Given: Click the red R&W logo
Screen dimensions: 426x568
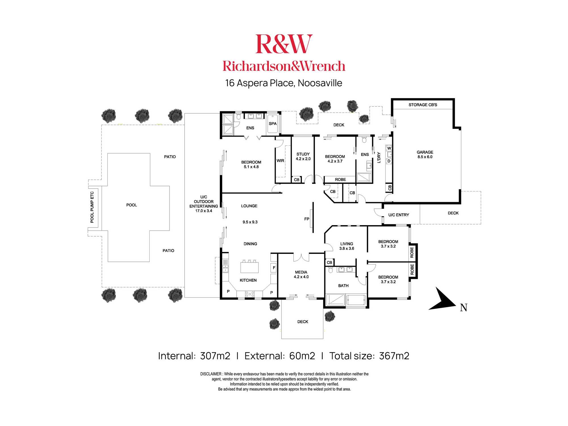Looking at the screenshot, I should pyautogui.click(x=284, y=44).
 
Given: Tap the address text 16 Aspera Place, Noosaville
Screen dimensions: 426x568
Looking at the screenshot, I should pyautogui.click(x=283, y=83).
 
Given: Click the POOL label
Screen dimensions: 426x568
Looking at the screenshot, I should pyautogui.click(x=131, y=205).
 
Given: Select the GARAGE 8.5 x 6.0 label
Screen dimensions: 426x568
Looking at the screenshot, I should pyautogui.click(x=425, y=154).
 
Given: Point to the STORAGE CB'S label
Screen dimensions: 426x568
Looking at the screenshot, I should pyautogui.click(x=423, y=105).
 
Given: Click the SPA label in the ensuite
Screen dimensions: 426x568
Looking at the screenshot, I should pyautogui.click(x=272, y=124).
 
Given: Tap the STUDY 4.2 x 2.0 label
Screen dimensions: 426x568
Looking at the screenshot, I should pyautogui.click(x=303, y=156).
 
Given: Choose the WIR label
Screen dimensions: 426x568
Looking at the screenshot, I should pyautogui.click(x=280, y=161).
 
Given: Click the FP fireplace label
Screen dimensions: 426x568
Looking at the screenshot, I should pyautogui.click(x=306, y=219).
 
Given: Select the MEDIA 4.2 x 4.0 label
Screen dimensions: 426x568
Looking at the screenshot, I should pyautogui.click(x=301, y=274).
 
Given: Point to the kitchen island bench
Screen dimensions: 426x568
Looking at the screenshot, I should pyautogui.click(x=249, y=267).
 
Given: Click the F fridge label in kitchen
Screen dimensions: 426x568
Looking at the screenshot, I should pyautogui.click(x=274, y=268).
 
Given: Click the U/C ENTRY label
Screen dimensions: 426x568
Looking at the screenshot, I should pyautogui.click(x=398, y=215).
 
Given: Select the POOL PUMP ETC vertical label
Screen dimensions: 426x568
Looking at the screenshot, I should pyautogui.click(x=92, y=207).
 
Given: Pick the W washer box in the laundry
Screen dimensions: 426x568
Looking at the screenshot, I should pyautogui.click(x=389, y=148).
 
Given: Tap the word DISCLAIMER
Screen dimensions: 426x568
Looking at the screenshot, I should pyautogui.click(x=210, y=374).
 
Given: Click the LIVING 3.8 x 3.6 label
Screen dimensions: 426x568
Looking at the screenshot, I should pyautogui.click(x=346, y=246).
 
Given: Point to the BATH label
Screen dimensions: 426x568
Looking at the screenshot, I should pyautogui.click(x=343, y=286).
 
